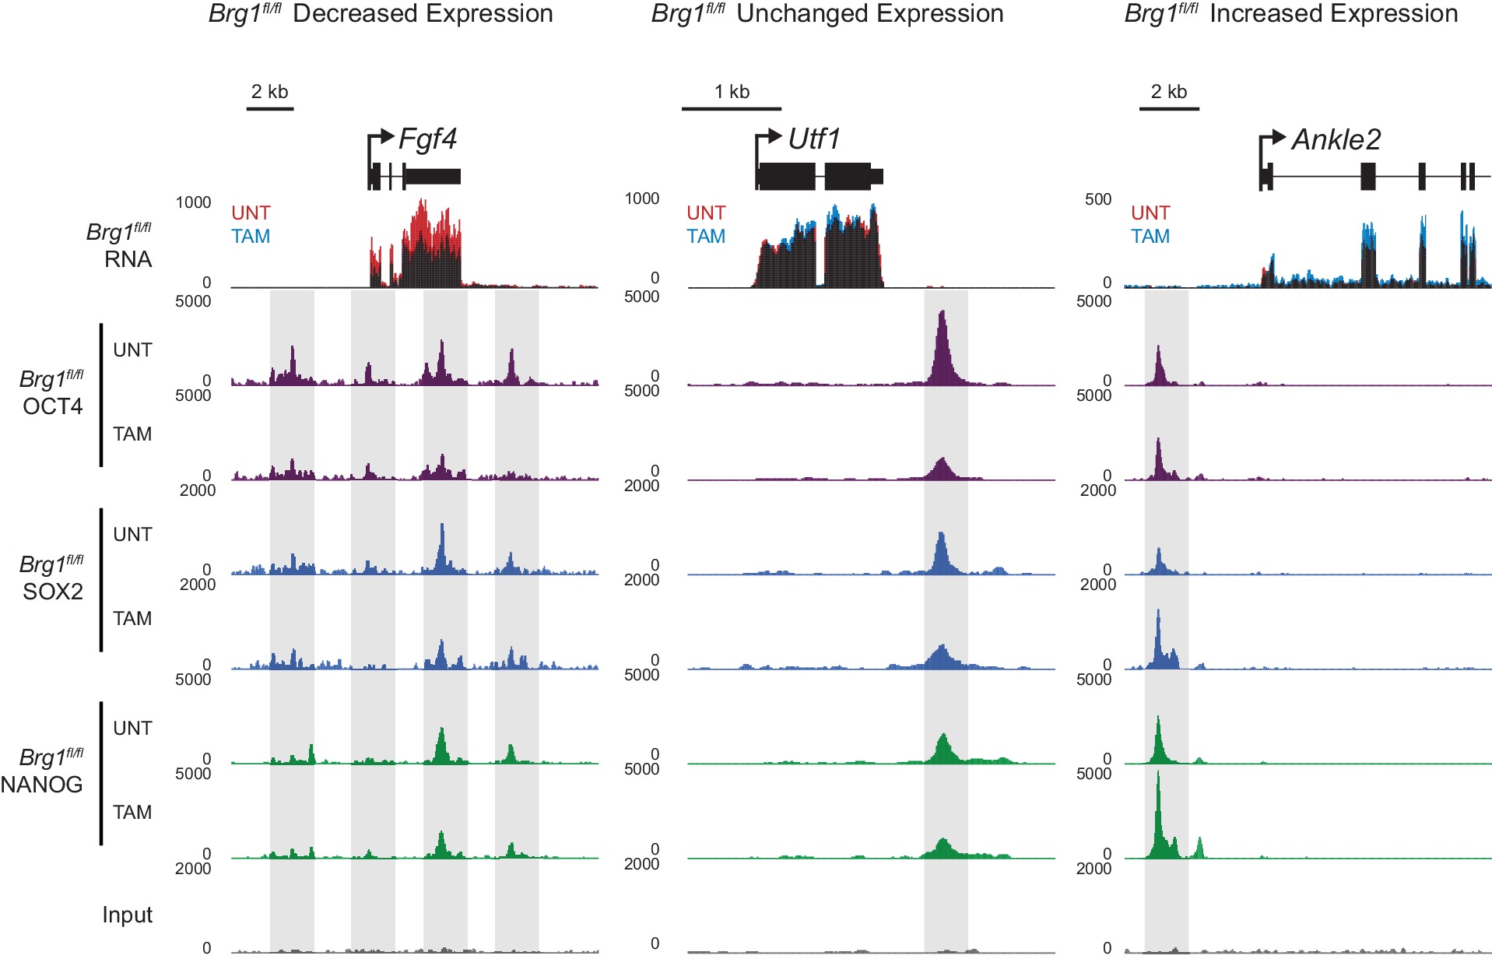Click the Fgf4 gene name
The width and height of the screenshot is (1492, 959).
[x=427, y=139]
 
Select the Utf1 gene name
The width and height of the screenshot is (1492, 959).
[x=813, y=139]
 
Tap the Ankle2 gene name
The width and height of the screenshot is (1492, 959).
[x=1336, y=140]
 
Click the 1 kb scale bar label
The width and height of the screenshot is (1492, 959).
[x=732, y=92]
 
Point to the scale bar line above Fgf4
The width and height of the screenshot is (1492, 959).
[x=269, y=108]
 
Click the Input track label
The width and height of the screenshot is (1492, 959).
[x=127, y=915]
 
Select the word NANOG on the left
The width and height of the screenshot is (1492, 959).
[x=42, y=785]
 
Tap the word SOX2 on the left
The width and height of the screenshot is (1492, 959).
[x=52, y=592]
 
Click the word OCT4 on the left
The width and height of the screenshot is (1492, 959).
[x=52, y=406]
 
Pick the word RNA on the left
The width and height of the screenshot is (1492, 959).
[x=128, y=259]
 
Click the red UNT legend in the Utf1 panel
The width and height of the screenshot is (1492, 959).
[x=705, y=213]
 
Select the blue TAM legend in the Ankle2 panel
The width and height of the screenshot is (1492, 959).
[x=1150, y=237]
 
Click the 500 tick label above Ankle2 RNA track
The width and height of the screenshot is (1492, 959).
[x=1097, y=199]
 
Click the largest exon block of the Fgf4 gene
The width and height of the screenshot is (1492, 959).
[x=433, y=176]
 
